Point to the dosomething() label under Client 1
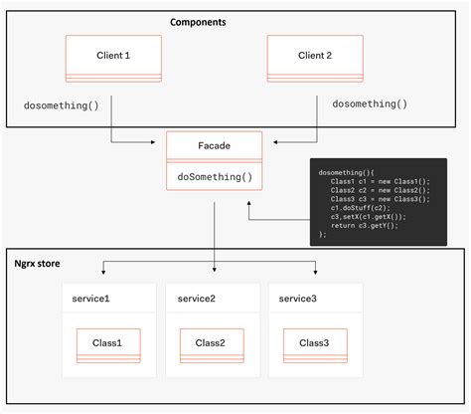[62, 103]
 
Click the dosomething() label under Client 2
[370, 103]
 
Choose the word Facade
[216, 147]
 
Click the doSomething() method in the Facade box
[216, 178]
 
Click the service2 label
[199, 299]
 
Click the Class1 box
[108, 344]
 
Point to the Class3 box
[315, 344]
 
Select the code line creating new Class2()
[368, 190]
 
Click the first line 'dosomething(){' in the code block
[344, 172]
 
